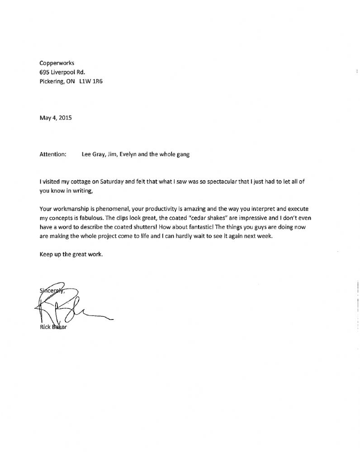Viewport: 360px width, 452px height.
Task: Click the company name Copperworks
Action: click(x=57, y=63)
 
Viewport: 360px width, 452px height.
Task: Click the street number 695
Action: click(x=44, y=72)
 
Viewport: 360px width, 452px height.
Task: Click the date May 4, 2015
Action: click(x=56, y=118)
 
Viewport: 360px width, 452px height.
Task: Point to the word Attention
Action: click(x=53, y=154)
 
